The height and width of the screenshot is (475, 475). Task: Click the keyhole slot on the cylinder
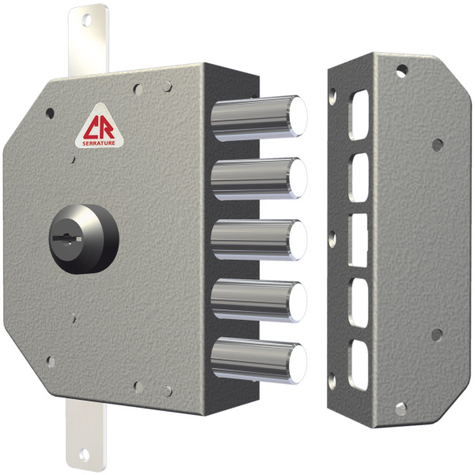[67, 239]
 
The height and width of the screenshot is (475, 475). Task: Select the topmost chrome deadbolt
[259, 118]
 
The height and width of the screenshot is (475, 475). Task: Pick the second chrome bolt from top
[259, 179]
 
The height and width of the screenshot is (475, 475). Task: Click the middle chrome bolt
[259, 240]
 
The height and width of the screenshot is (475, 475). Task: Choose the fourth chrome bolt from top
[259, 301]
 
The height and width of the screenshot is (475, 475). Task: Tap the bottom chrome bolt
[259, 360]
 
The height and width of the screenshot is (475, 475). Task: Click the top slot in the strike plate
[359, 115]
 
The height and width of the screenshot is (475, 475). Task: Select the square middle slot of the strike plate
[358, 240]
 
